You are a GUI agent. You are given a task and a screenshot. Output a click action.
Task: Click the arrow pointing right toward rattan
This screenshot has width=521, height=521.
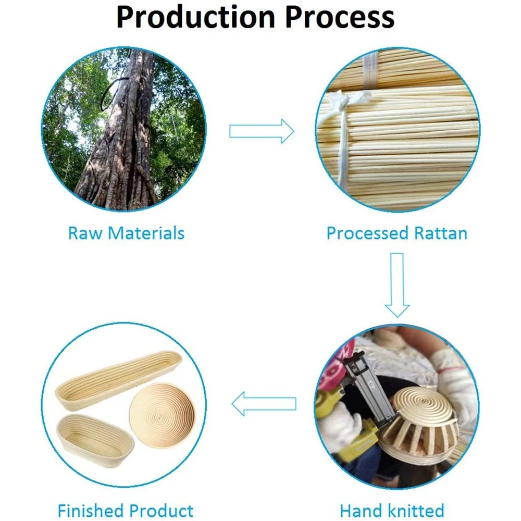[262, 131]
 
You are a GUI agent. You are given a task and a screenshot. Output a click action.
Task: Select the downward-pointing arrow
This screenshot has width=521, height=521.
[397, 284]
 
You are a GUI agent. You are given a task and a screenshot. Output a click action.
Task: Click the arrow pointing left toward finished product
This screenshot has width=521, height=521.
[264, 404]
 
